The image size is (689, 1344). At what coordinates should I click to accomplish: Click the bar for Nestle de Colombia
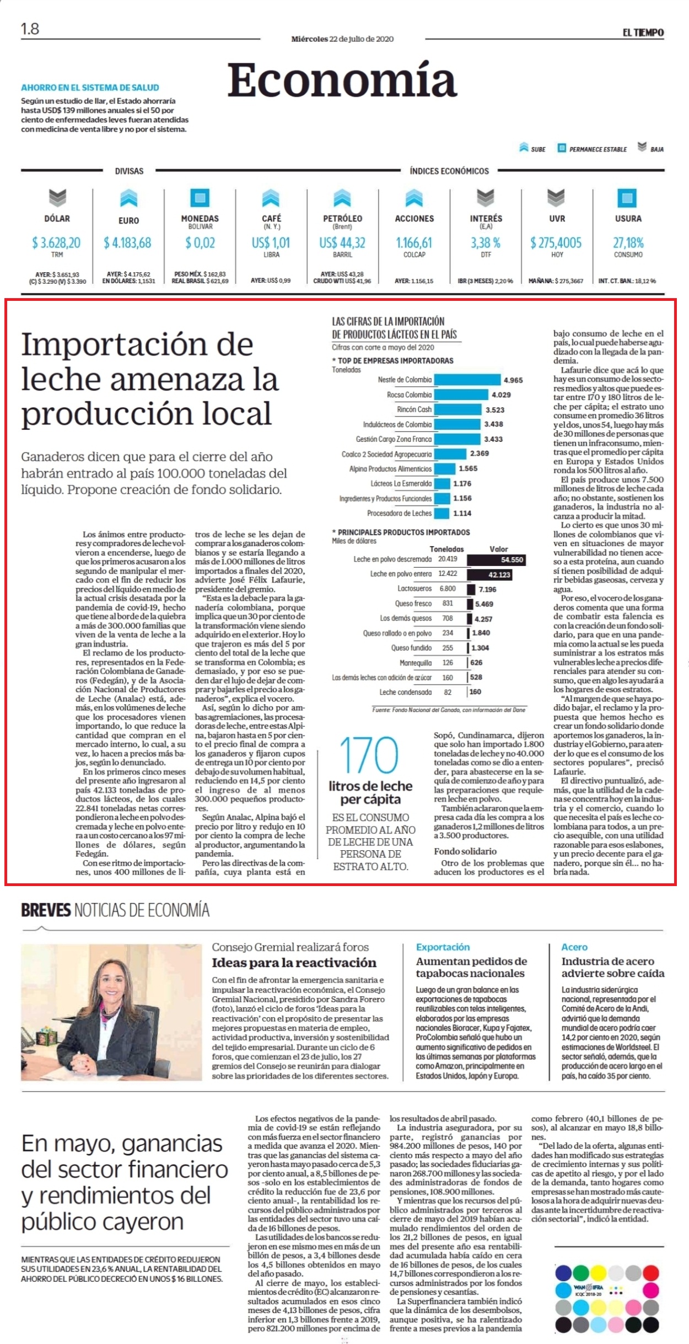click(467, 380)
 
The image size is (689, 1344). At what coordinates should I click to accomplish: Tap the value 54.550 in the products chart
click(512, 560)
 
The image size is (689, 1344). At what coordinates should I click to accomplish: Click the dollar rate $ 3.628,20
click(56, 242)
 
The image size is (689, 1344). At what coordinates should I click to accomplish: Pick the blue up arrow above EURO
click(128, 198)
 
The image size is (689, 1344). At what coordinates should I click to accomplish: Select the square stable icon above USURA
click(627, 198)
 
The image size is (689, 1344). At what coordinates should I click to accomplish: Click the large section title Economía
click(342, 80)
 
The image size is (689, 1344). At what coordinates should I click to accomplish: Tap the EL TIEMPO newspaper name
click(643, 33)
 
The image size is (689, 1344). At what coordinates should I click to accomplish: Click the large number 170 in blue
click(369, 755)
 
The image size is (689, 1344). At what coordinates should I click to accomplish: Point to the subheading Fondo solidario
click(465, 851)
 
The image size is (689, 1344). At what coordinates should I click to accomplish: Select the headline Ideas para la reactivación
click(294, 963)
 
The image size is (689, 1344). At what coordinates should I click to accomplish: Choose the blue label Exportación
click(443, 947)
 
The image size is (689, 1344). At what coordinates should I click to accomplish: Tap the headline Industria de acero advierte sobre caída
click(613, 967)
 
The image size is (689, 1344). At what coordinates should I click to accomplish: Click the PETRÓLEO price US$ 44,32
click(342, 242)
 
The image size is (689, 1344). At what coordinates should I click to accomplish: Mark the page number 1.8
click(30, 29)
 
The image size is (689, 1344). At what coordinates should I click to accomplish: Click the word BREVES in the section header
click(46, 910)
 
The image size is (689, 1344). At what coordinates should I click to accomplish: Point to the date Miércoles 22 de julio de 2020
click(342, 39)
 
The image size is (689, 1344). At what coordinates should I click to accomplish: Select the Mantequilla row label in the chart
click(415, 663)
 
